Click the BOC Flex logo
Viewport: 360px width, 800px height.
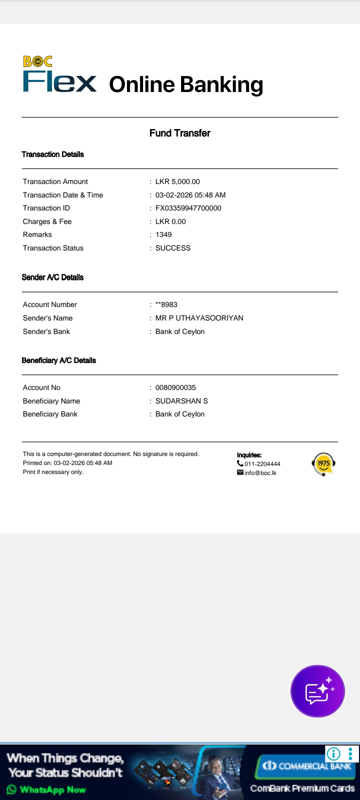point(59,75)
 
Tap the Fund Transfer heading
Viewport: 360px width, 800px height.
point(179,133)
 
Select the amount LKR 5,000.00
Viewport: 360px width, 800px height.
point(177,181)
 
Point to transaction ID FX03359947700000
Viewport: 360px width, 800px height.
point(188,208)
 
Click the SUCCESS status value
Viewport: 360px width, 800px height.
point(173,248)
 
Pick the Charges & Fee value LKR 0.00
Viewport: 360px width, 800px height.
point(170,221)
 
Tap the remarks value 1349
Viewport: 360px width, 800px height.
point(163,234)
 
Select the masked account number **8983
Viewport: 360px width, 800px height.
point(166,304)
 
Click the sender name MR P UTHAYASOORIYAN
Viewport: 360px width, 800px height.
point(199,318)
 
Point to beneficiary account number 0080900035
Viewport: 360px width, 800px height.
point(175,387)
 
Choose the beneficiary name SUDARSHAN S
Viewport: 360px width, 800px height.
point(181,401)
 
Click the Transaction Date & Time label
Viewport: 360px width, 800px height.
point(63,195)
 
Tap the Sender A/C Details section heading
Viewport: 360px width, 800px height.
point(52,277)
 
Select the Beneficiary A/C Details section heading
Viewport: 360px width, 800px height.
point(58,360)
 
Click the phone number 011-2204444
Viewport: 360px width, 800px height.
point(262,464)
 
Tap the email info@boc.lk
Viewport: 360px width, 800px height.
point(260,473)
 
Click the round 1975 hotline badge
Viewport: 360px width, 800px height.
point(323,464)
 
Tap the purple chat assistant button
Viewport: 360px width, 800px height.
point(318,691)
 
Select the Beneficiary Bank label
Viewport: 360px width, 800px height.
point(50,414)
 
